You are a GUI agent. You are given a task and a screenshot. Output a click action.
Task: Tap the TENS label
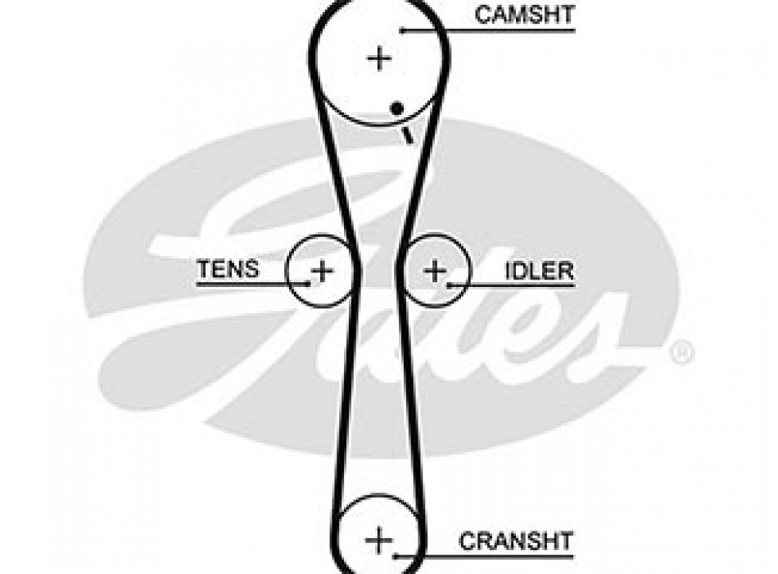click(228, 267)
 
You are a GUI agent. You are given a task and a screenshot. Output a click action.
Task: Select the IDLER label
click(539, 271)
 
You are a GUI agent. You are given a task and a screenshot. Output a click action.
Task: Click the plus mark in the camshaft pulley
click(378, 58)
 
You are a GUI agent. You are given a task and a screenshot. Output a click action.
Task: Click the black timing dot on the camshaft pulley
click(396, 107)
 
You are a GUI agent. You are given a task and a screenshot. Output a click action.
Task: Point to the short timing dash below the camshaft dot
click(405, 135)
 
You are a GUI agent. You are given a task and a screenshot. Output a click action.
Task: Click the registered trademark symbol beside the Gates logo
click(681, 353)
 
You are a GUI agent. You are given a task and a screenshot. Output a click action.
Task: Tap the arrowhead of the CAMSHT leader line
click(403, 31)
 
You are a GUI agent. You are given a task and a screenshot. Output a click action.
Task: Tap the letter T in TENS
click(202, 267)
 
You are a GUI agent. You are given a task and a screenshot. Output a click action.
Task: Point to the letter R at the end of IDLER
click(566, 271)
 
